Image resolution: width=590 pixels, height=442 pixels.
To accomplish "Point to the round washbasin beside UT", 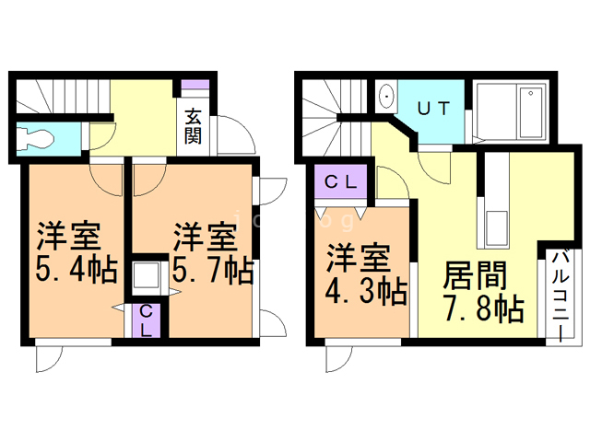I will coord(386,96).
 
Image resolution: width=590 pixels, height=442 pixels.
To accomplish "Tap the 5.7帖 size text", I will coord(212,272).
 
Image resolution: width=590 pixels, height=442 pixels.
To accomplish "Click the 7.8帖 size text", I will coord(482,307).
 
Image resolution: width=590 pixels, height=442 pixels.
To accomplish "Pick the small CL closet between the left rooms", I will coord(146,320).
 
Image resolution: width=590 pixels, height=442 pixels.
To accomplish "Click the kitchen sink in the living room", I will coord(494,226).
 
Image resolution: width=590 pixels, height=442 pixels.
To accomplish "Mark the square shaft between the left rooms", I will coord(146,277).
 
